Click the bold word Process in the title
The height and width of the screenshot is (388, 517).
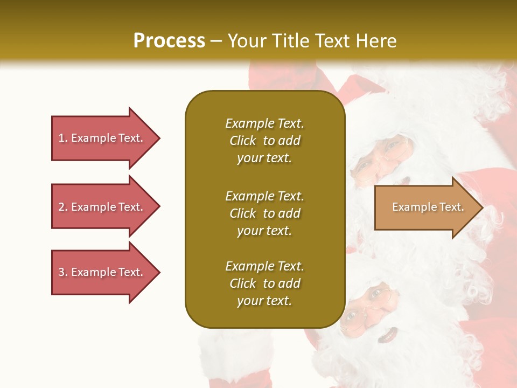click(x=169, y=40)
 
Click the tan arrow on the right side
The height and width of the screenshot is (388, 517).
click(x=425, y=207)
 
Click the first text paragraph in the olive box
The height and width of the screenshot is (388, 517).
click(x=264, y=141)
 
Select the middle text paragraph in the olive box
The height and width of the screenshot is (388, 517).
click(x=264, y=213)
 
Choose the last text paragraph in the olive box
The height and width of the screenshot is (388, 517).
click(x=264, y=283)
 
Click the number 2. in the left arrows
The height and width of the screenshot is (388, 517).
click(x=63, y=207)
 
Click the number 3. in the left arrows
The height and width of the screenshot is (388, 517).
click(x=63, y=272)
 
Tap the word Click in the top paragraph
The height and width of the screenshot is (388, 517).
click(x=243, y=141)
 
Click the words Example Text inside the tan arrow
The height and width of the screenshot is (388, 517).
click(x=428, y=207)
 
